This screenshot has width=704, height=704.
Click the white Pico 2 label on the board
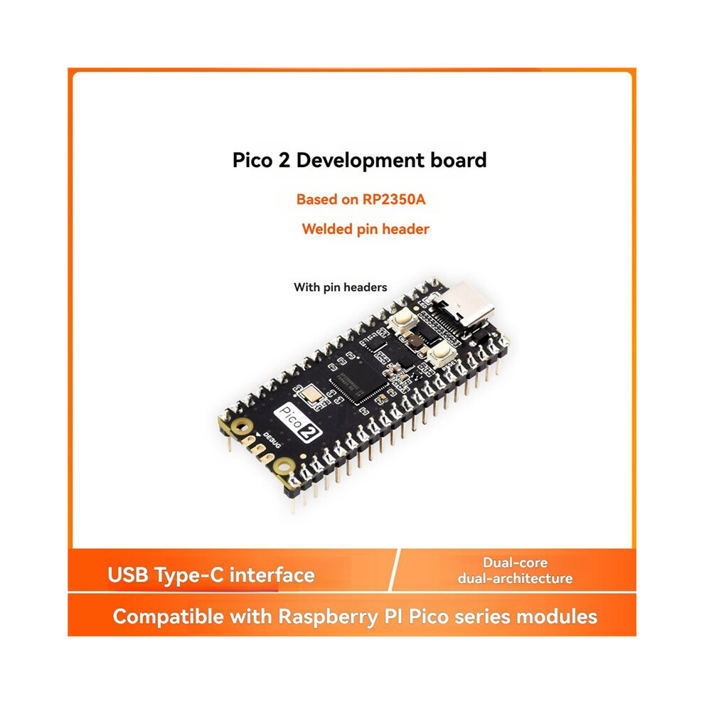(298, 422)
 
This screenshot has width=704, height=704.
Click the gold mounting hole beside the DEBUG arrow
(242, 427)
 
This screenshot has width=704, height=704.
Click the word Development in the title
(360, 161)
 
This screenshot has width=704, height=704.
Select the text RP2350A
(394, 199)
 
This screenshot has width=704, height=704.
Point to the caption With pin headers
(341, 287)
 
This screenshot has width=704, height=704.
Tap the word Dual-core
(515, 562)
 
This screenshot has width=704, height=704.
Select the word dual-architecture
(515, 578)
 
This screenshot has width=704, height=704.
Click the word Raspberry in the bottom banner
(329, 617)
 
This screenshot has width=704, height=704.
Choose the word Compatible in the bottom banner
(169, 617)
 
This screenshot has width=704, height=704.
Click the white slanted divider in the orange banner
(394, 570)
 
